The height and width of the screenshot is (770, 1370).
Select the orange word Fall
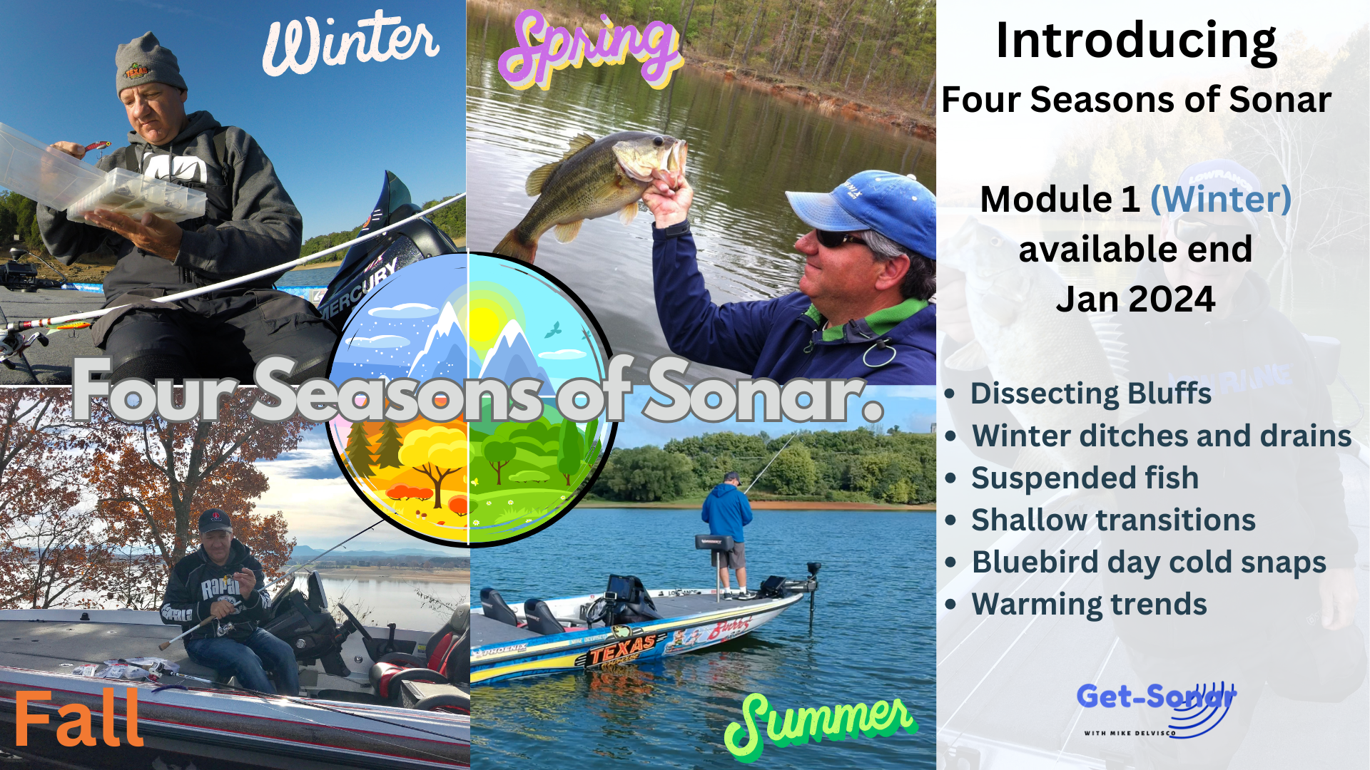click(78, 719)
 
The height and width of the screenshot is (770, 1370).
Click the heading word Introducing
click(1136, 41)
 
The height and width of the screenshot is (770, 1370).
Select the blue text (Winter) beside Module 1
click(1221, 200)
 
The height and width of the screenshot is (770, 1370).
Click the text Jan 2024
click(1135, 299)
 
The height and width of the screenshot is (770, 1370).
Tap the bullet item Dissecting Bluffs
click(1091, 394)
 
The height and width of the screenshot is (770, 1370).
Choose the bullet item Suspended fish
click(1085, 478)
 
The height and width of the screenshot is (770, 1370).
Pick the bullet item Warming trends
click(1089, 605)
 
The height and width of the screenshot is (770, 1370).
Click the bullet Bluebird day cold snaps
click(1149, 563)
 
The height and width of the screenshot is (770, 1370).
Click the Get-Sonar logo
click(1157, 709)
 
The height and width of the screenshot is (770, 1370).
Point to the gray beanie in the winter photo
click(149, 64)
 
